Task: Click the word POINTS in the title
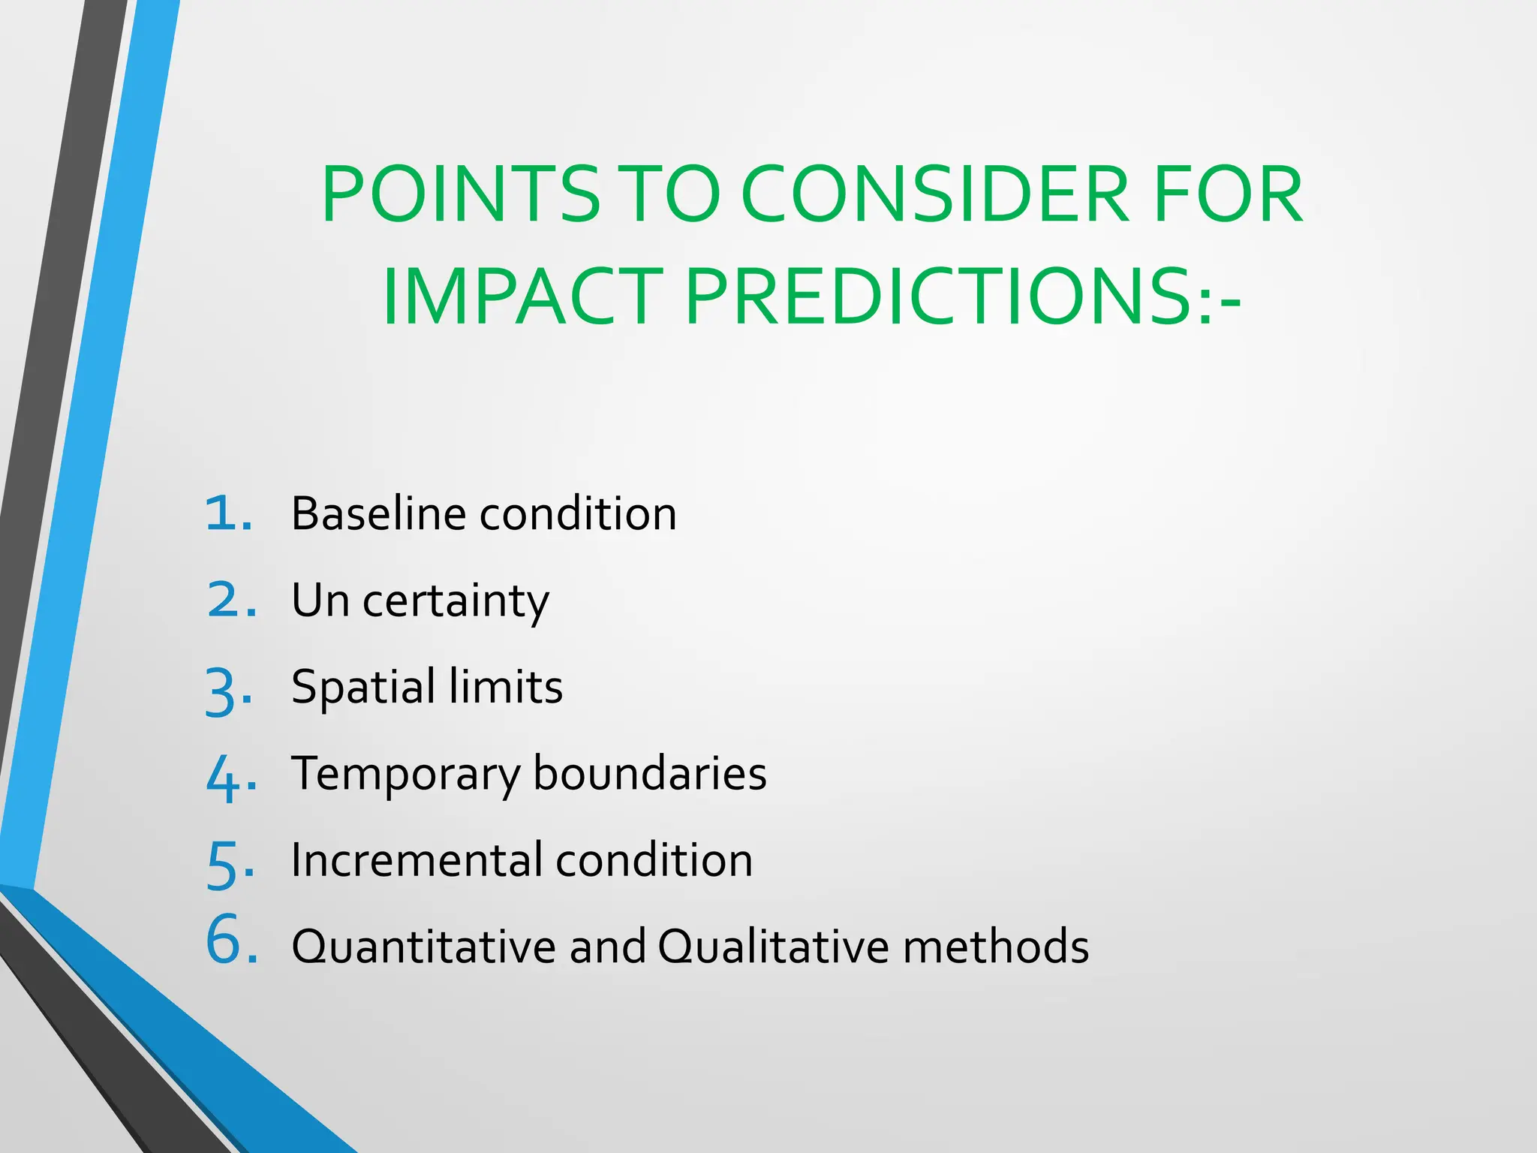tap(460, 195)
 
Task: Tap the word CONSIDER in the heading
tap(934, 195)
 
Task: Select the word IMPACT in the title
tap(522, 297)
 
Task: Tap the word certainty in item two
tap(456, 602)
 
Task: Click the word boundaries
tap(650, 774)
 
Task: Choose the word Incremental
tap(417, 860)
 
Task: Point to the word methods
tap(996, 947)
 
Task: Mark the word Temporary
tap(405, 775)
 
